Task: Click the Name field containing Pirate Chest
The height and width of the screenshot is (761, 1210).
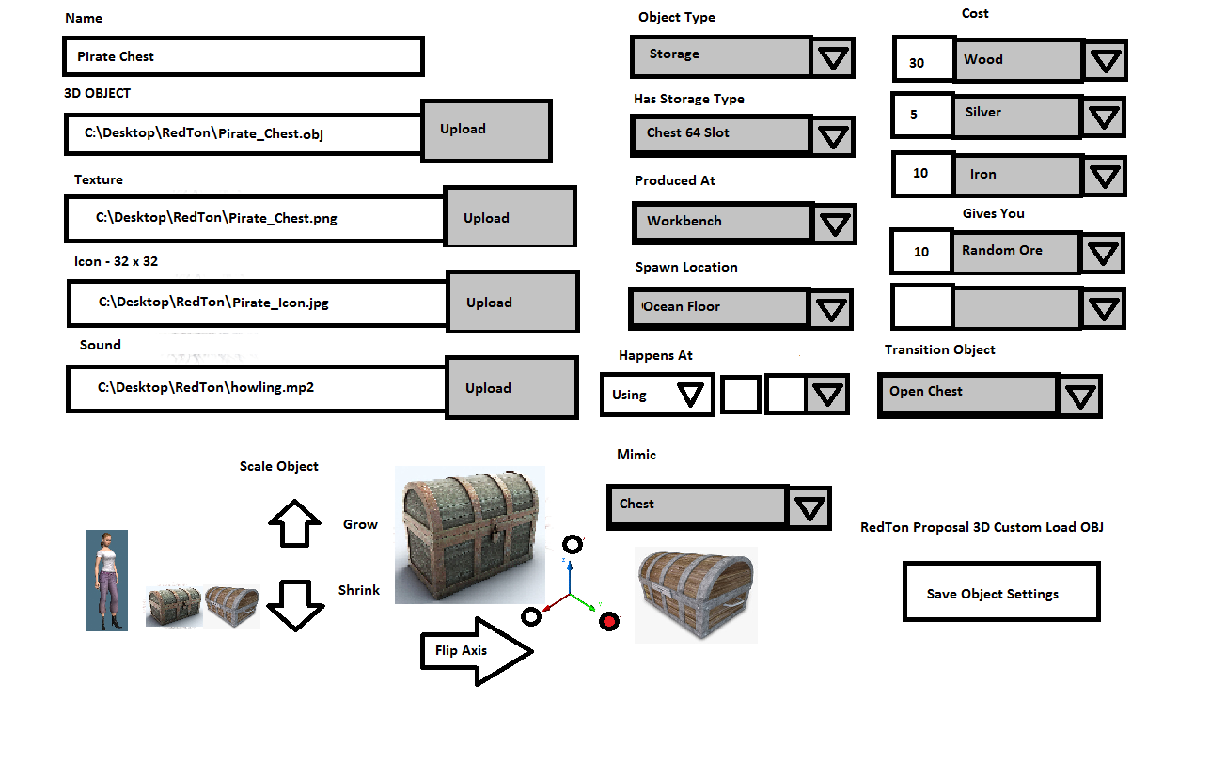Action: click(243, 56)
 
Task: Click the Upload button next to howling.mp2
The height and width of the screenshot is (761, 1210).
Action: click(511, 388)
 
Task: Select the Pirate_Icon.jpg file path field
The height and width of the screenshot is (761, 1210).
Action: click(257, 303)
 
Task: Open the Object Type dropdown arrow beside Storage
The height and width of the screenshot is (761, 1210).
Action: click(833, 58)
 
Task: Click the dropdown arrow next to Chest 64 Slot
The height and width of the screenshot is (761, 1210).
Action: click(833, 136)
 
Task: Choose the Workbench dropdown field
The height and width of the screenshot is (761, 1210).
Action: click(722, 222)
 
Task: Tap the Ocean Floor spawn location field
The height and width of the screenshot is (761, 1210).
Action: click(718, 307)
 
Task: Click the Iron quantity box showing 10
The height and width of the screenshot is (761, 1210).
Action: click(921, 174)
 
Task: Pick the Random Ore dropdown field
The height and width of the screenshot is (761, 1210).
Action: click(1018, 251)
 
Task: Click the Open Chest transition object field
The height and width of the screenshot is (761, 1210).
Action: click(968, 393)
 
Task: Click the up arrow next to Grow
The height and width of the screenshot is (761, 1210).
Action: click(295, 522)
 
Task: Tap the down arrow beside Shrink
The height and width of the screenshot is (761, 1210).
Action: click(295, 604)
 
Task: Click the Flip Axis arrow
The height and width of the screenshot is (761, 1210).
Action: click(475, 650)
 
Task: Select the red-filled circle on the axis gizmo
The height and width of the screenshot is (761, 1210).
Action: click(609, 620)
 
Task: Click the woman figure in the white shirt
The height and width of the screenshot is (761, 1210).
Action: click(106, 580)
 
